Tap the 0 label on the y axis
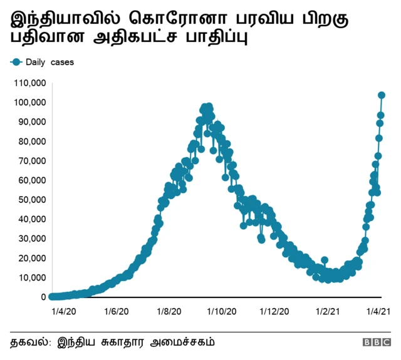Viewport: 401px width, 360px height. click(42, 297)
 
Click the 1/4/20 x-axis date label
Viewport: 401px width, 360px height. click(63, 311)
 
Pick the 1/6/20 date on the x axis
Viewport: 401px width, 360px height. click(116, 311)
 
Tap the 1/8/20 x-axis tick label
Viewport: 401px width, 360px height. click(169, 311)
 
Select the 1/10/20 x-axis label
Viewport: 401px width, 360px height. click(221, 311)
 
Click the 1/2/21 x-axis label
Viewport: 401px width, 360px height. click(326, 311)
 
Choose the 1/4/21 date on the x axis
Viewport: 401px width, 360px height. click(378, 311)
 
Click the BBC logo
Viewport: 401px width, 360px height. click(376, 342)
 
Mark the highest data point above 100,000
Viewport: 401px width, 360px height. click(382, 95)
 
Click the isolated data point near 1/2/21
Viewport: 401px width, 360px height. click(324, 260)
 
